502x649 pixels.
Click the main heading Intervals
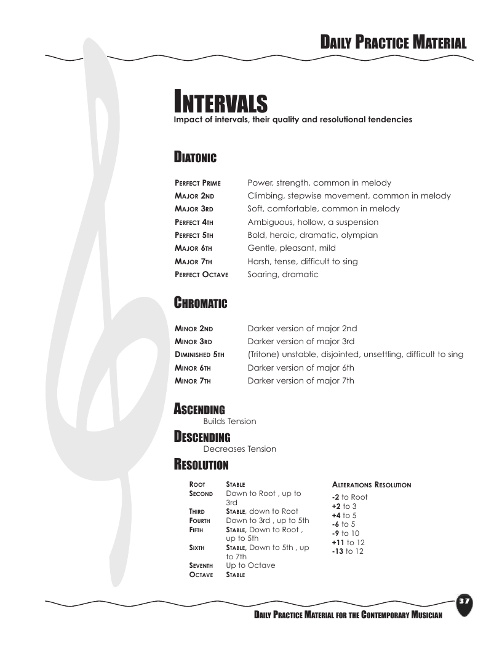tap(220, 101)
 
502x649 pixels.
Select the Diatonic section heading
tap(195, 158)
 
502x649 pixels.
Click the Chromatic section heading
tap(201, 303)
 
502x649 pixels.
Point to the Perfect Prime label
tap(197, 183)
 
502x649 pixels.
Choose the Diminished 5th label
tap(199, 355)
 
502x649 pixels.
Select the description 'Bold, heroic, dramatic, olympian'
tap(313, 235)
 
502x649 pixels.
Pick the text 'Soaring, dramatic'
tap(283, 275)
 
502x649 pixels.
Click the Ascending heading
tap(199, 409)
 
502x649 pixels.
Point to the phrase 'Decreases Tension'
tap(239, 449)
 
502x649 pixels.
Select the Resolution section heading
tap(201, 464)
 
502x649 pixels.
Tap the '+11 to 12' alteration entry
tap(348, 543)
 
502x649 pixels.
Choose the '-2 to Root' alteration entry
tap(349, 497)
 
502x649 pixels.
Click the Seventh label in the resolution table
tap(201, 565)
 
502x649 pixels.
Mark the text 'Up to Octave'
tap(250, 565)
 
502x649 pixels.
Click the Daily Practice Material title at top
tap(393, 42)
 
